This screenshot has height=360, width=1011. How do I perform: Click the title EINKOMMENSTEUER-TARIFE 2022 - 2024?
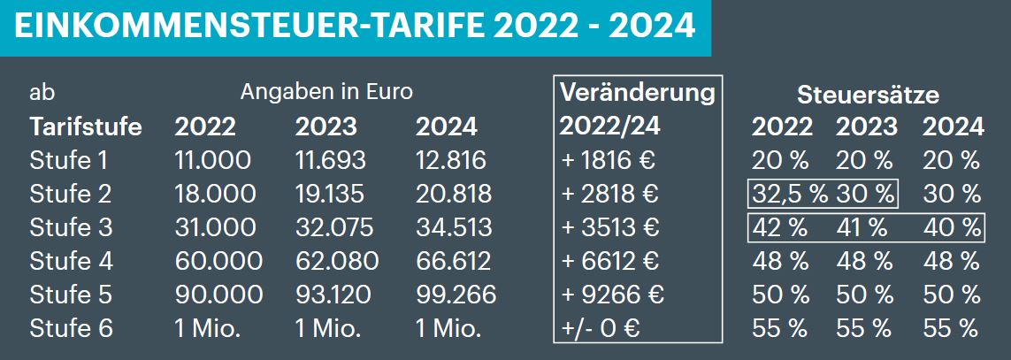point(355,27)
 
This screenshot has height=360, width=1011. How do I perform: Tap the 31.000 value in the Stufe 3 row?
point(215,227)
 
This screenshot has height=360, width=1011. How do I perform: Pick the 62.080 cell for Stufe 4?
point(336,261)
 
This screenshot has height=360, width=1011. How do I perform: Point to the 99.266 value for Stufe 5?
point(455,295)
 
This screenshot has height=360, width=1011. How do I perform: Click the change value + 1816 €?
point(610,160)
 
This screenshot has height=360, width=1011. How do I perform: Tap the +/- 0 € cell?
point(599,328)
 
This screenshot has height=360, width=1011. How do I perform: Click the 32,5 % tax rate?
point(790,194)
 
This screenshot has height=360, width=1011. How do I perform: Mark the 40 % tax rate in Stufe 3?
point(951,227)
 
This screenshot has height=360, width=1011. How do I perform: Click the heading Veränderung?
point(637,93)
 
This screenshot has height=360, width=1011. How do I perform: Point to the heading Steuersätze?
point(868,95)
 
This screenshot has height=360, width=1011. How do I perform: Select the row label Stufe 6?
point(71,328)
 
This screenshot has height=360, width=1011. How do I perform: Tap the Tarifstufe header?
point(86,126)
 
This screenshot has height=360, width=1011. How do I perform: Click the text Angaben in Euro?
point(326,91)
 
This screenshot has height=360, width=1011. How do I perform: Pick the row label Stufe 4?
point(71,261)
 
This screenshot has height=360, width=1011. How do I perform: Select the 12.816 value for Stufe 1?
point(450,160)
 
